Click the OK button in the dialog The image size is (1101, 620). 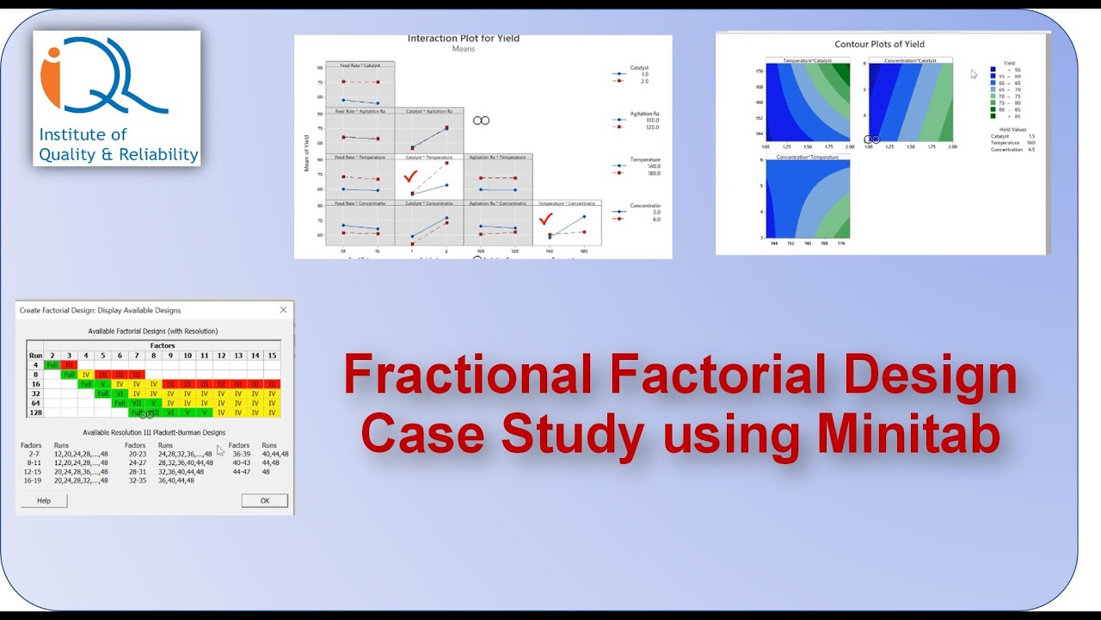click(264, 500)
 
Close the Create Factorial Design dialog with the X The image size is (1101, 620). click(283, 310)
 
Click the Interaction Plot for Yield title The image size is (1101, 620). click(463, 39)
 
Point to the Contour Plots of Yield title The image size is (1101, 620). click(879, 44)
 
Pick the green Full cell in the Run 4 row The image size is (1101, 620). click(52, 364)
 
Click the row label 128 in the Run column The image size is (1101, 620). click(35, 412)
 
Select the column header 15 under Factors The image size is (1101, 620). click(272, 355)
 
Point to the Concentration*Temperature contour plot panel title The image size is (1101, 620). click(807, 157)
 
